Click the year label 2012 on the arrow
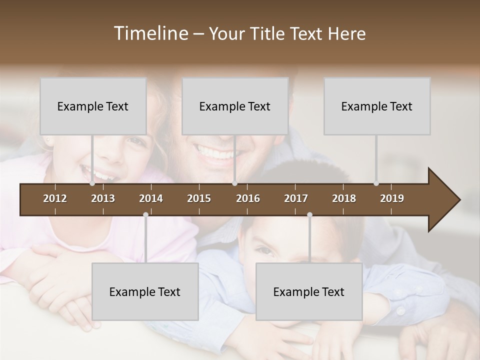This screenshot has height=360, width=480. [55, 198]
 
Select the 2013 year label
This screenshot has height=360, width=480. [103, 198]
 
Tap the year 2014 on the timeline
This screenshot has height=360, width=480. [151, 198]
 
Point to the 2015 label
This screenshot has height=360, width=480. [199, 198]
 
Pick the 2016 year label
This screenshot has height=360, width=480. [248, 198]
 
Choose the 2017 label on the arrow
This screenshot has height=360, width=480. [296, 198]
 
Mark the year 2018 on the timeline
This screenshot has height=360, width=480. [344, 198]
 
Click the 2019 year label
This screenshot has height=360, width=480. [392, 198]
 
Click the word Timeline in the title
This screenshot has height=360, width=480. [150, 33]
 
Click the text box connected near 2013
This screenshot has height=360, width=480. [93, 106]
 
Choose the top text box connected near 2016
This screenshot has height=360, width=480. [235, 106]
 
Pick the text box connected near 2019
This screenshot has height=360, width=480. [377, 106]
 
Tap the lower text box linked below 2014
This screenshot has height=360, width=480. [145, 291]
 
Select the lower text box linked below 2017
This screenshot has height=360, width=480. [309, 291]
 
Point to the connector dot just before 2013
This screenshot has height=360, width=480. [92, 183]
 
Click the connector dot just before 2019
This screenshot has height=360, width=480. [376, 183]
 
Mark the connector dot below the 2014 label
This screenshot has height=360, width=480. [145, 215]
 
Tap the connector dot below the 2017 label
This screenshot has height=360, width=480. [309, 215]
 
